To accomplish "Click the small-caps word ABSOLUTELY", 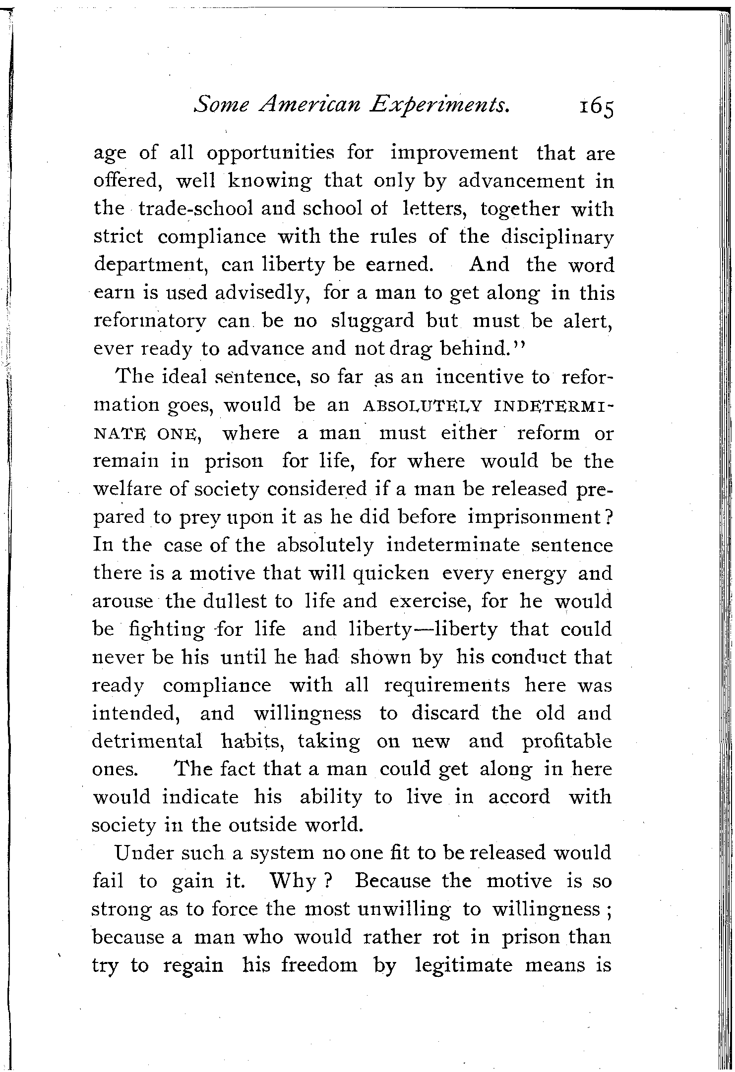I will point(423,406).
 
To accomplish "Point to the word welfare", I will point(128,490).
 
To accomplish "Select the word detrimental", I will point(147,741).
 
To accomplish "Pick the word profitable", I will point(567,741).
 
